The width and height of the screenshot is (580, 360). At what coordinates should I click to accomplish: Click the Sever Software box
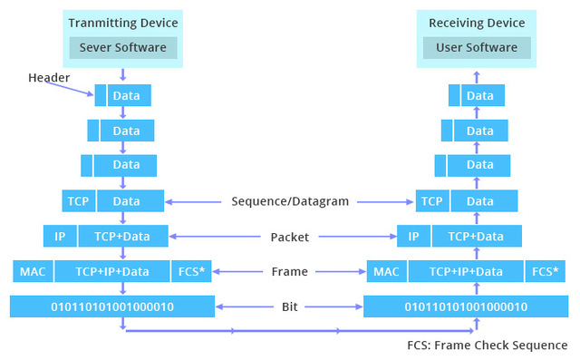(x=122, y=47)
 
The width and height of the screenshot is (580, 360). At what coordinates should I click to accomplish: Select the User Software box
(x=477, y=47)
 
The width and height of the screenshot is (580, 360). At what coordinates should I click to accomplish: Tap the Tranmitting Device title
(x=122, y=23)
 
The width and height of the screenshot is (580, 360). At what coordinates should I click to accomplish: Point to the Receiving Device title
(x=477, y=23)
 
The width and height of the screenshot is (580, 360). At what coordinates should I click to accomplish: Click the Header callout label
(x=48, y=78)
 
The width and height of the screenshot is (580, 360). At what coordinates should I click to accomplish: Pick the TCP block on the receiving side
(x=431, y=201)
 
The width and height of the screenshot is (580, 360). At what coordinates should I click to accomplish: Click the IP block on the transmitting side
(x=60, y=237)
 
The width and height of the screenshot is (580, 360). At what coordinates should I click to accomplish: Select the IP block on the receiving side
(x=413, y=237)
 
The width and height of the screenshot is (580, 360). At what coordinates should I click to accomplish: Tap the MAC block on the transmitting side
(x=32, y=271)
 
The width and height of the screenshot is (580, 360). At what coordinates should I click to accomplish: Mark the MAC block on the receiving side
(x=386, y=271)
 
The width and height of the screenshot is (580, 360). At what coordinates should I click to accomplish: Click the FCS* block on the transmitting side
(x=190, y=271)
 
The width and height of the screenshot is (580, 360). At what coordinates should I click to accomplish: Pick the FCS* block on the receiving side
(x=544, y=271)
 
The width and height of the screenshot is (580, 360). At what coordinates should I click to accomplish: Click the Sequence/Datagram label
(x=290, y=201)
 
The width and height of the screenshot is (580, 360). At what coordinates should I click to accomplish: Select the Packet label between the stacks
(x=290, y=237)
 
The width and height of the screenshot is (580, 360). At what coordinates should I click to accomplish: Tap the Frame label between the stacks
(x=290, y=271)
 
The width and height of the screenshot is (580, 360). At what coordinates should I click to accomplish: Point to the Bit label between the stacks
(x=290, y=306)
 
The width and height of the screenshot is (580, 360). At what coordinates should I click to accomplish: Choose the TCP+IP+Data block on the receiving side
(x=466, y=271)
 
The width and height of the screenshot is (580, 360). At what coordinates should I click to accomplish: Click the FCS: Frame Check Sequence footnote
(x=488, y=345)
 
